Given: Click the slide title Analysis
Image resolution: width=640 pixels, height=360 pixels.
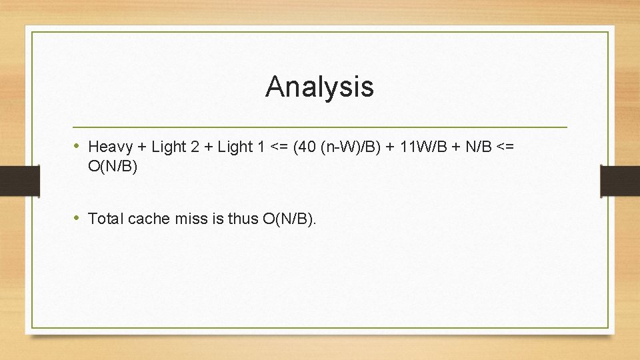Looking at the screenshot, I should [319, 87].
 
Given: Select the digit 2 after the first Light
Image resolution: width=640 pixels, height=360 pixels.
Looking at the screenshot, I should [195, 147].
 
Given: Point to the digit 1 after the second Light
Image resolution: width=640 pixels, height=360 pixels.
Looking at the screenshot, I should [260, 147].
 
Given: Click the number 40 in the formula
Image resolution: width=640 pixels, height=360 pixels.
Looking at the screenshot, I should [304, 147].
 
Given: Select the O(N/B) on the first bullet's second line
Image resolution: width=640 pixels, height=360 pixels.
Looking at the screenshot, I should [113, 166].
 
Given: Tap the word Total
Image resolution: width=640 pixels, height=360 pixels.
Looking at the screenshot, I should [105, 218].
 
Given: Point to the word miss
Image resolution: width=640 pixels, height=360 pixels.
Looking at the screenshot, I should [187, 218].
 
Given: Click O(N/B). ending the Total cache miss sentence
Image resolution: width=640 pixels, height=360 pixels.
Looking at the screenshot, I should [290, 218].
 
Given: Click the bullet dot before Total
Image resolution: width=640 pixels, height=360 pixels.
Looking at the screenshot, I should [77, 217].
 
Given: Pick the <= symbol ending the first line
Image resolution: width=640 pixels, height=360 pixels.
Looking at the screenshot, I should [505, 147].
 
